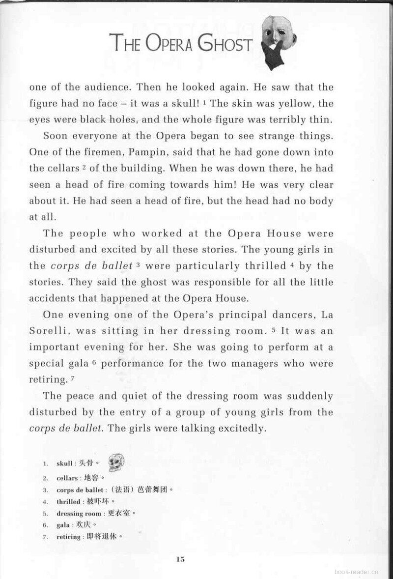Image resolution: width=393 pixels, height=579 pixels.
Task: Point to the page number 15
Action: pos(180,558)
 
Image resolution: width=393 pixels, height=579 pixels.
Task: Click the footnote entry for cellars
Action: pos(67,478)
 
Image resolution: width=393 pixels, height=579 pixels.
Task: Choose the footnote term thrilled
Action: pos(68,501)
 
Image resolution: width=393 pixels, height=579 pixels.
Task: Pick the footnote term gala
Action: pos(63,525)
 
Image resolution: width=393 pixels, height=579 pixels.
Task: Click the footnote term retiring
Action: pos(68,537)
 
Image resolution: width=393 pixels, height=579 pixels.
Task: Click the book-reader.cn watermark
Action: pos(357,573)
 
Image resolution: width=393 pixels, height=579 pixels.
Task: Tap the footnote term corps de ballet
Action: pos(80,490)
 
